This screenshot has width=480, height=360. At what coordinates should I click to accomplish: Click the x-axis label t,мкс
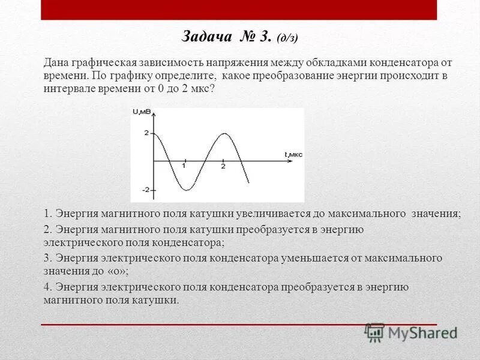[293, 154]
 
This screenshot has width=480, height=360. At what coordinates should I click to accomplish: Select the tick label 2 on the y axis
[146, 133]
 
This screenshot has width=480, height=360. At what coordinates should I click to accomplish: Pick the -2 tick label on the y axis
[145, 190]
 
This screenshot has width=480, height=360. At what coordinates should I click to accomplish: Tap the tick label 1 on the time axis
[184, 166]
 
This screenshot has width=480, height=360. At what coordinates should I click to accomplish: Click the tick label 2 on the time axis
[223, 166]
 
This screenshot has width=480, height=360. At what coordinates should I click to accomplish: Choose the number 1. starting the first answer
[49, 214]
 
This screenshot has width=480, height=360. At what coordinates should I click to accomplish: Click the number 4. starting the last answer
[49, 287]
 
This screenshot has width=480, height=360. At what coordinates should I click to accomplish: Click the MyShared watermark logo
[412, 332]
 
